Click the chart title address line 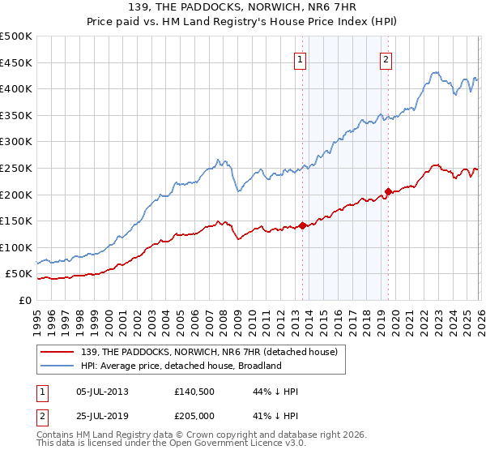(243, 7)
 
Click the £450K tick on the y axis (16, 62)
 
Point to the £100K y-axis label (16, 247)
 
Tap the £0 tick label (25, 300)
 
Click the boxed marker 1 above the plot (301, 58)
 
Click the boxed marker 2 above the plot (386, 58)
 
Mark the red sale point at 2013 (302, 225)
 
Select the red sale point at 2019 (388, 191)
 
